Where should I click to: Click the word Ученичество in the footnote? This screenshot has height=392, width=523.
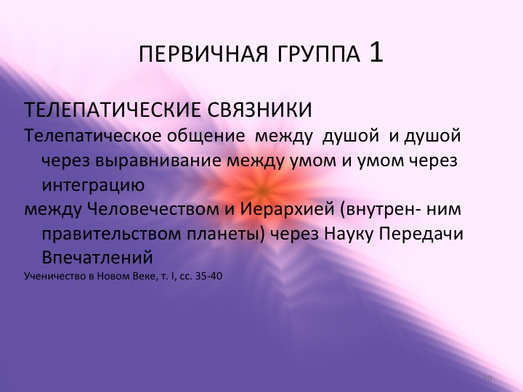click(52, 276)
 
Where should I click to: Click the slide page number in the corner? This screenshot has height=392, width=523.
click(488, 378)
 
